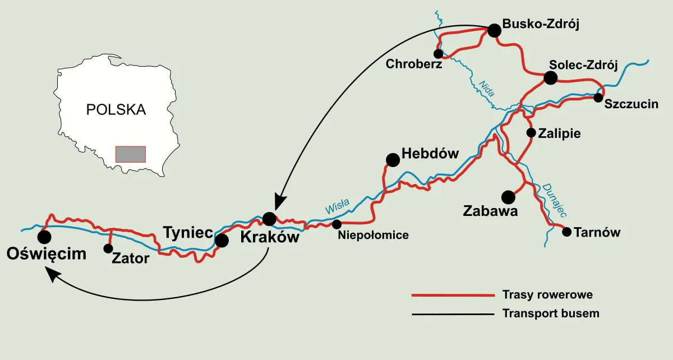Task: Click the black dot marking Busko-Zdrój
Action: click(x=494, y=30)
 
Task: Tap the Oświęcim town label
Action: click(x=47, y=254)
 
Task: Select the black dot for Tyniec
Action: click(x=222, y=241)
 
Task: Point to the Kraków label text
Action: click(x=269, y=237)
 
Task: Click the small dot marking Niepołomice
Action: click(x=336, y=224)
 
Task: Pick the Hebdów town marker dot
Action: click(x=393, y=160)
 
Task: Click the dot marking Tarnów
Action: click(x=566, y=232)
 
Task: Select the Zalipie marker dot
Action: click(x=531, y=133)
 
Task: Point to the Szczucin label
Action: click(x=631, y=104)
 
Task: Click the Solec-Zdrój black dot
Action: click(x=550, y=78)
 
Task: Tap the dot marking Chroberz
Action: click(x=439, y=53)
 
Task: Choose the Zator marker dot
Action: click(x=108, y=248)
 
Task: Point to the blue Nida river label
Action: click(x=486, y=89)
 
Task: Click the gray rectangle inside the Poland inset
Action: click(x=130, y=154)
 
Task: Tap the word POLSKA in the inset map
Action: click(x=116, y=109)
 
